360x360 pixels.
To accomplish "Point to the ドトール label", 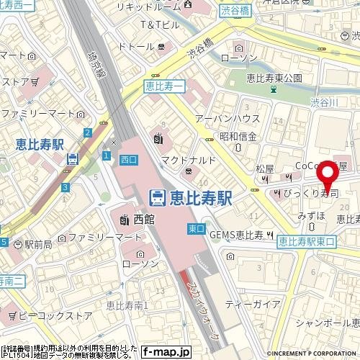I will point(136,47).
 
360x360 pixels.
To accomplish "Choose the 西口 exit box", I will point(129,158).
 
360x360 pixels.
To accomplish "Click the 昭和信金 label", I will point(239,135).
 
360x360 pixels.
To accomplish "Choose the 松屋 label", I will point(265,168).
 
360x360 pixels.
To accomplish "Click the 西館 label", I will point(140,217).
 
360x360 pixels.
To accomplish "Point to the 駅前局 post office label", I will point(34,245).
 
